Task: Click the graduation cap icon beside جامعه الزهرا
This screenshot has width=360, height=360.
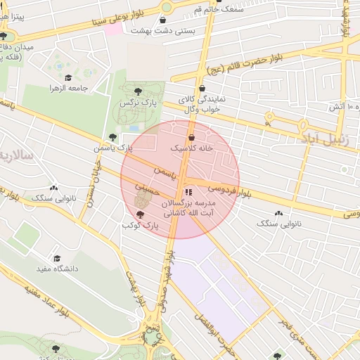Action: click(68, 78)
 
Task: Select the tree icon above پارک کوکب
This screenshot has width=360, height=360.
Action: click(139, 213)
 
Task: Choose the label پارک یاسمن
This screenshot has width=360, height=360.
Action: click(113, 148)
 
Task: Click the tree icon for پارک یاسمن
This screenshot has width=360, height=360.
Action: click(112, 136)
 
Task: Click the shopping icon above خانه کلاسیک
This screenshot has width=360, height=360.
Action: click(191, 137)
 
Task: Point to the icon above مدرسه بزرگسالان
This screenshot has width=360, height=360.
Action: click(187, 191)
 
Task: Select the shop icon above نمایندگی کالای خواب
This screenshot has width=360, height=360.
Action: click(202, 89)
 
